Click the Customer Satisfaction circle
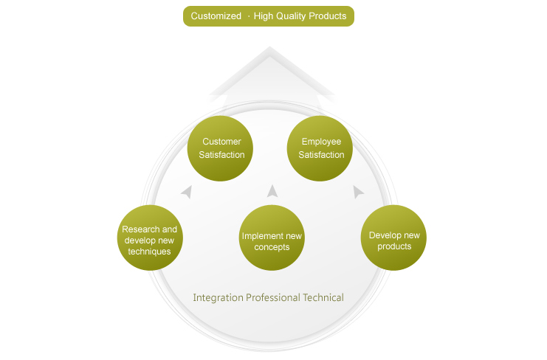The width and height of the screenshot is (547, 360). pos(220,148)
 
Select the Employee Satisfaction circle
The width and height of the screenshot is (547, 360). pos(320,148)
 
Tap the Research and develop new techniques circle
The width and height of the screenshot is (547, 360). pos(150,238)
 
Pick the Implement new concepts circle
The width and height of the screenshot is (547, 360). pos(272,238)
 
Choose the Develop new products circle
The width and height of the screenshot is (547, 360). pos(393,238)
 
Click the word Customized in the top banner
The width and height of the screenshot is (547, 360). pos(216,16)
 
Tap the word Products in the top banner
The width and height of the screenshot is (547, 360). pos(328,16)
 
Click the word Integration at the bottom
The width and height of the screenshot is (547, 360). pos(218,298)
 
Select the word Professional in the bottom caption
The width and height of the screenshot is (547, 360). pos(273,297)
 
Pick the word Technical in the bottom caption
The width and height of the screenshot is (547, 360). pos(323,297)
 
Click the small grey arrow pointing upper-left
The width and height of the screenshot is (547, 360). pos(187,192)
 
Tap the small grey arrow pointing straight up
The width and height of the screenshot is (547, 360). pos(272,191)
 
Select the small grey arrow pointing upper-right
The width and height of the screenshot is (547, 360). pos(358,192)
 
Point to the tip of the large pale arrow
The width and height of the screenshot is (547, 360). pos(269,46)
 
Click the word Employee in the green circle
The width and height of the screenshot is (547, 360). pos(321,142)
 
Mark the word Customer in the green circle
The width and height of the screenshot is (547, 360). pos(221,142)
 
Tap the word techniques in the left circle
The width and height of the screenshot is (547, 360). pos(149,252)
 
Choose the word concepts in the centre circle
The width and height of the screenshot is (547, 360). pos(272,247)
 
